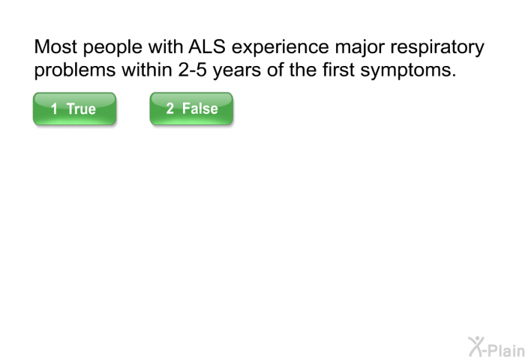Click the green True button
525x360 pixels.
pyautogui.click(x=75, y=109)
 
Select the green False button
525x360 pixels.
pyautogui.click(x=191, y=109)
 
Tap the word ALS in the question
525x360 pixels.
pyautogui.click(x=207, y=46)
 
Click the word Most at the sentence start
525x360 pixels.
pyautogui.click(x=55, y=46)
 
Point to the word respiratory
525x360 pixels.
pyautogui.click(x=437, y=47)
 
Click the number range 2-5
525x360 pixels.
pyautogui.click(x=192, y=70)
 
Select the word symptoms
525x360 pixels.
pyautogui.click(x=408, y=71)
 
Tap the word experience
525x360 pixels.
pyautogui.click(x=280, y=47)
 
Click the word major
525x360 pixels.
pyautogui.click(x=359, y=47)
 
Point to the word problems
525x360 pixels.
pyautogui.click(x=75, y=71)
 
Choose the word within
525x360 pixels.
pyautogui.click(x=147, y=70)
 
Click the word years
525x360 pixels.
pyautogui.click(x=237, y=71)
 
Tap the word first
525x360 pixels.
pyautogui.click(x=338, y=70)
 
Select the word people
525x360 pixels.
pyautogui.click(x=112, y=47)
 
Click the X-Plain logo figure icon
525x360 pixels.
pyautogui.click(x=476, y=346)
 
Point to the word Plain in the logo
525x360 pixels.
pyautogui.click(x=507, y=350)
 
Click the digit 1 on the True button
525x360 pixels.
pyautogui.click(x=54, y=109)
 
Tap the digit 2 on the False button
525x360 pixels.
pyautogui.click(x=170, y=109)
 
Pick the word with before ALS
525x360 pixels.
pyautogui.click(x=166, y=46)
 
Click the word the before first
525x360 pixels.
pyautogui.click(x=303, y=70)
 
